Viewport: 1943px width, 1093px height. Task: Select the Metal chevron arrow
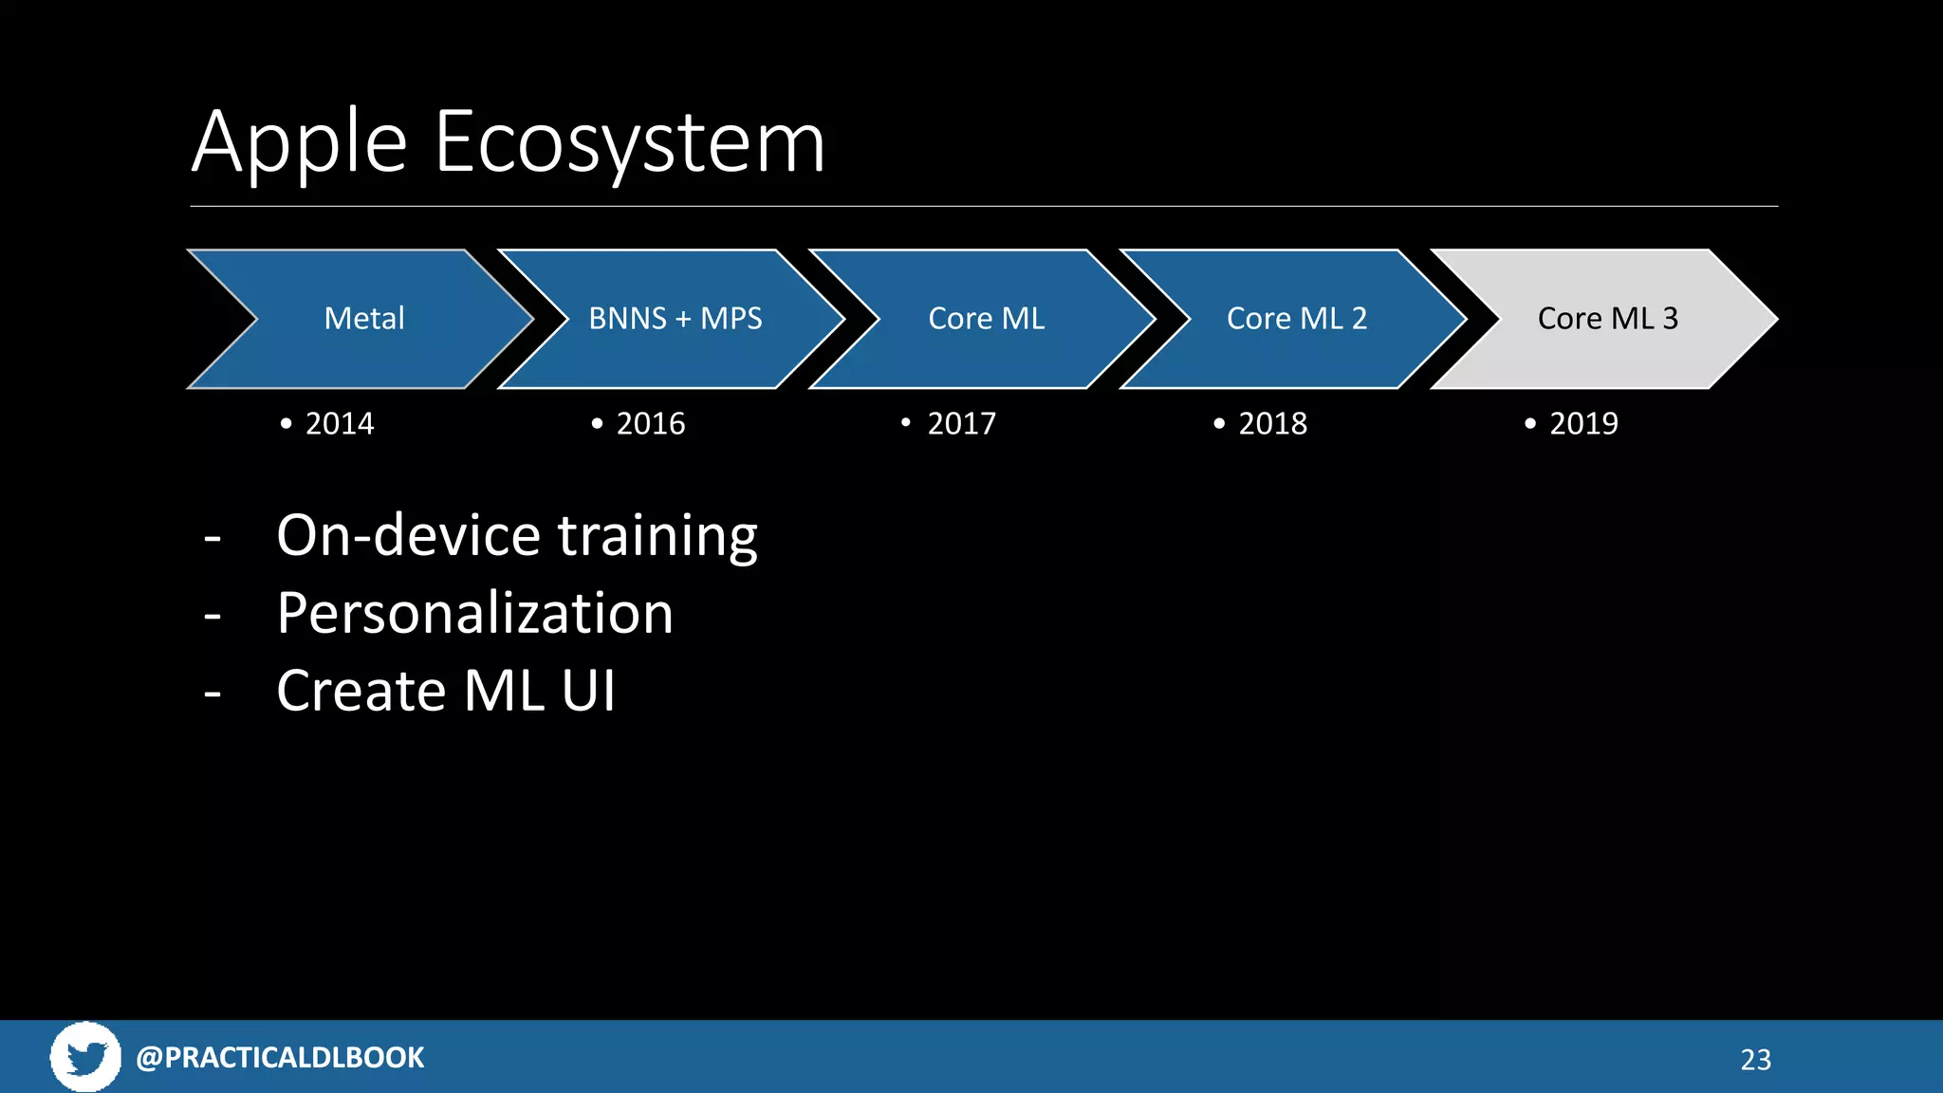363,319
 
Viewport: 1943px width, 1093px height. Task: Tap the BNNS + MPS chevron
675,319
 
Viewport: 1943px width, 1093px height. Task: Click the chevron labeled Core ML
986,319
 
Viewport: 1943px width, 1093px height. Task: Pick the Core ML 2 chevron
1296,319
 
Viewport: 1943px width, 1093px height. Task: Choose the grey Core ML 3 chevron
1607,319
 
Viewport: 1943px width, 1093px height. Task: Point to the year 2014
340,423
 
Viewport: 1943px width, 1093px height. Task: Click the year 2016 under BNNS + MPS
651,423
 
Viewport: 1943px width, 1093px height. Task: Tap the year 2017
961,423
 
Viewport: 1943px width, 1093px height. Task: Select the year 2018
1272,423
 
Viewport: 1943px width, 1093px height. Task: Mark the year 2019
1583,423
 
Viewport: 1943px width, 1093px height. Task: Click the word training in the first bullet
657,536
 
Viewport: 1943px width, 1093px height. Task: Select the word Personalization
474,613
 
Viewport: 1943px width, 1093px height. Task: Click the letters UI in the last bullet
588,691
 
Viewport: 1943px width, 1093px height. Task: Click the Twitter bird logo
85,1057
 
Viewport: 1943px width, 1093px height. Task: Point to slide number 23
1755,1060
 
